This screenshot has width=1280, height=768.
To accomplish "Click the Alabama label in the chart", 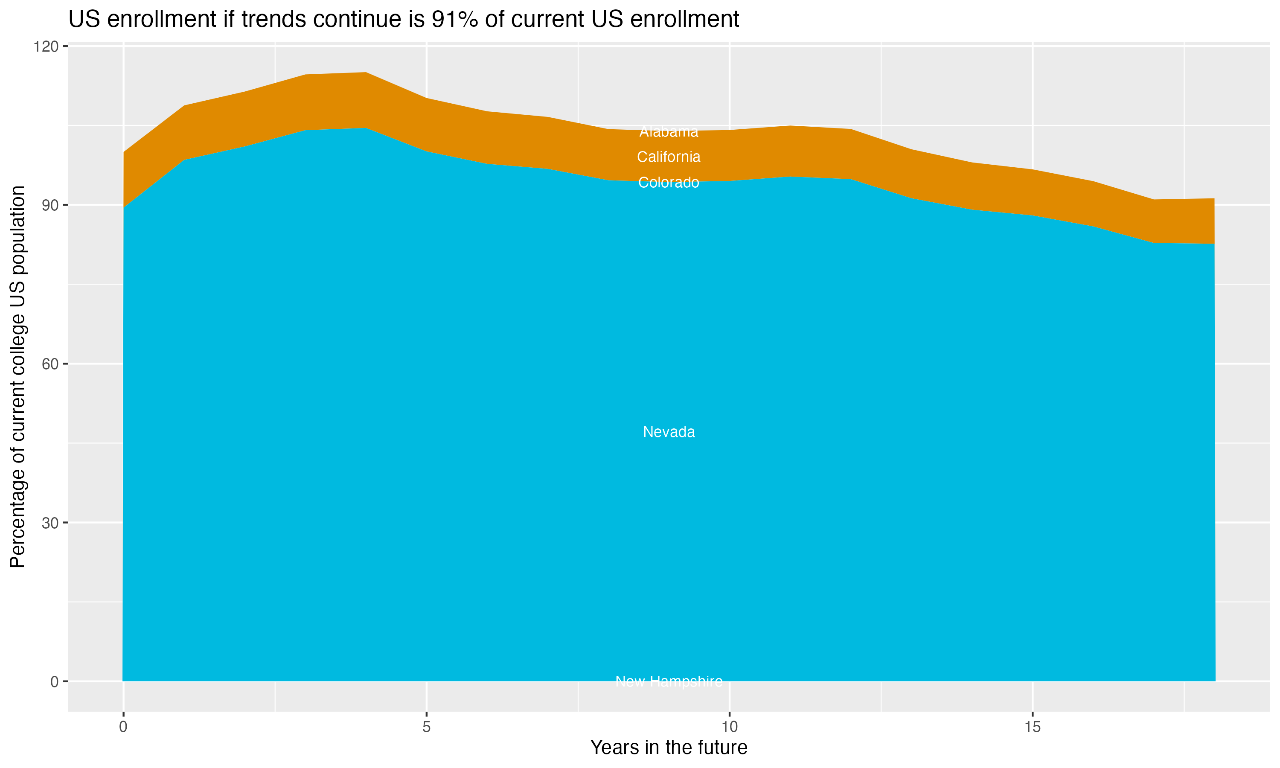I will pos(669,132).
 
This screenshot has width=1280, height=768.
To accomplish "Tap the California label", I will pos(669,157).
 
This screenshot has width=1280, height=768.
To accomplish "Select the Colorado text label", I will pos(669,183).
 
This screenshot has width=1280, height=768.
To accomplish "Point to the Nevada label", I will pos(669,432).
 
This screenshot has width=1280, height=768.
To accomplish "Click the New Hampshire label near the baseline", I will pos(669,681).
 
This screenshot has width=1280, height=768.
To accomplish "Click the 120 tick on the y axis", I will pos(46,47).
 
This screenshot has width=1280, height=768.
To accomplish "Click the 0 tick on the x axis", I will pos(123,727).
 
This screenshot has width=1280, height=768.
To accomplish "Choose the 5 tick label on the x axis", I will pos(426,727).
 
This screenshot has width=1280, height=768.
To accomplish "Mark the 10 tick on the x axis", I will pos(729,727).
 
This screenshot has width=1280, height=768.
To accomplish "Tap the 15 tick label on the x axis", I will pos(1032,727).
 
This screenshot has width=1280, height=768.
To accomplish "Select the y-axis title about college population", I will pos(17,376).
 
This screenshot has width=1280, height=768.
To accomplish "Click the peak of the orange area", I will pos(365,73).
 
